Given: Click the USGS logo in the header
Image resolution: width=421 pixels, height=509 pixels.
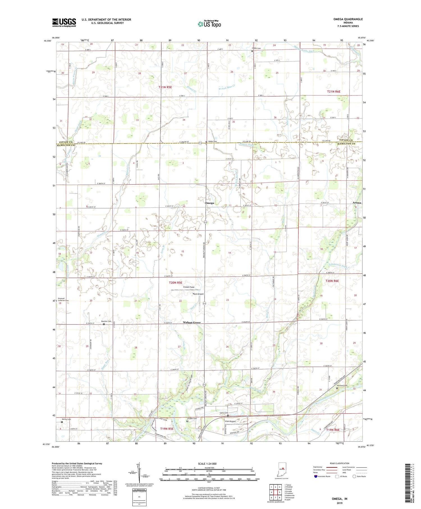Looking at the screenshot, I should coord(64,22).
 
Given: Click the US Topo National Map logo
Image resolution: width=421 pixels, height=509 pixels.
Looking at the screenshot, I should coord(209,24).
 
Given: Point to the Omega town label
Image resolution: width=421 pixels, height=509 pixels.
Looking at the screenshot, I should coord(209,203).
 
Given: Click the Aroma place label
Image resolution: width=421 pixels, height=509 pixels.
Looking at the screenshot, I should coord(357,202).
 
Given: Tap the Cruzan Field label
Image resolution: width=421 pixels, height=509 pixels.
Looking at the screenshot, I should coord(189,287).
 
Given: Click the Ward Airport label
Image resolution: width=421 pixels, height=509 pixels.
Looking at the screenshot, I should coord(198,294).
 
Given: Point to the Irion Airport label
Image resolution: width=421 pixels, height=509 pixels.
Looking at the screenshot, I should coord(230,421).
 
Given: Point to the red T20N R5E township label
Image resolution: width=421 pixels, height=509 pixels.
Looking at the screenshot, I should coord(176,283).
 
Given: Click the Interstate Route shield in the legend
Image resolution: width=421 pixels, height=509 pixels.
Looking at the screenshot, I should coord(316,476).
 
